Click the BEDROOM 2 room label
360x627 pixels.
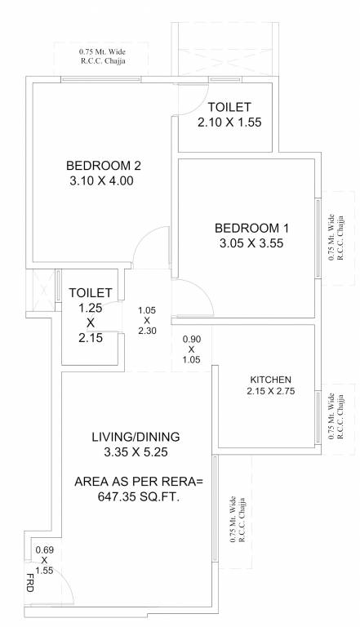[99, 167]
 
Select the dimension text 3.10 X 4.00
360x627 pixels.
[99, 181]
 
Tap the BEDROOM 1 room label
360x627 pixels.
[247, 228]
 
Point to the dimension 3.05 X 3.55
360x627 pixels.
[247, 242]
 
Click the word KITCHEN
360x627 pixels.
[270, 380]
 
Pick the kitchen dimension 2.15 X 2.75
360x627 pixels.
[270, 392]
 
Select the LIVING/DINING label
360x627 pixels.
[136, 436]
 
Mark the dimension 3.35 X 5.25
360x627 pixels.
[136, 451]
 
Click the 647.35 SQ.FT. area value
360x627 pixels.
[136, 496]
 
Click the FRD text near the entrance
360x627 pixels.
[30, 581]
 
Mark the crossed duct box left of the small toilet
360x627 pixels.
[38, 289]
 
